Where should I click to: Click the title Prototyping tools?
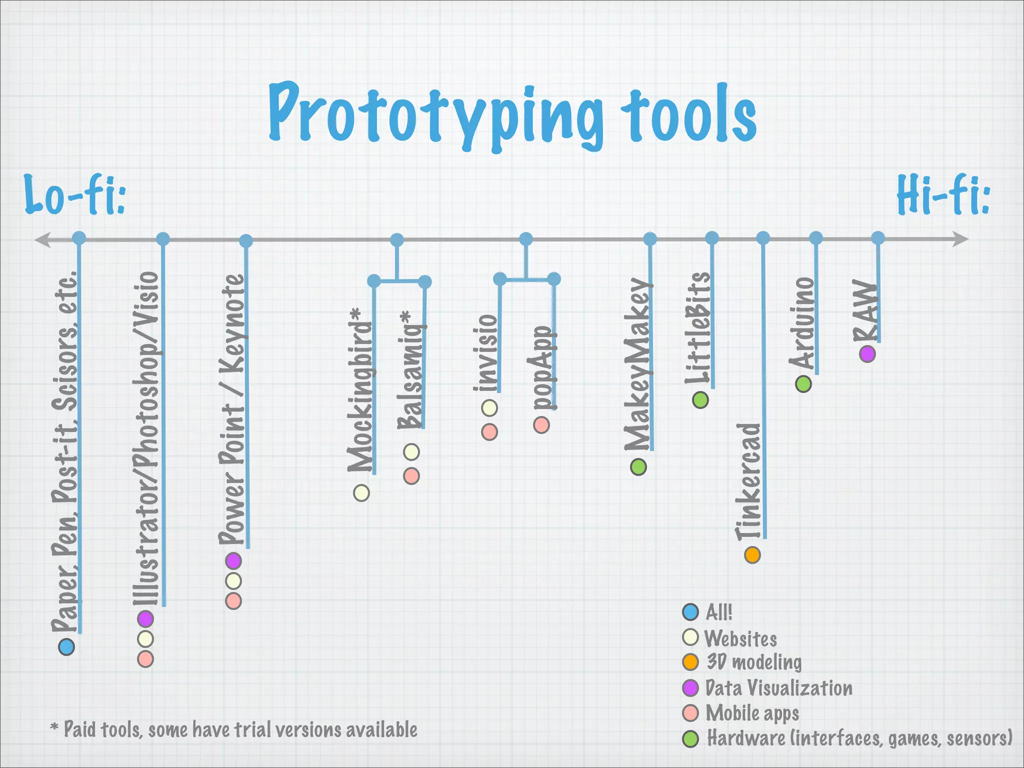(x=512, y=115)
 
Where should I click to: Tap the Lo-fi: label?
(x=75, y=195)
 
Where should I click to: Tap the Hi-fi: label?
(x=943, y=195)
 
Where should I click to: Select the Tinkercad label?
(x=748, y=481)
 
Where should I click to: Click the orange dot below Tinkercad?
(x=752, y=555)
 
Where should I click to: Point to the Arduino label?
(x=802, y=323)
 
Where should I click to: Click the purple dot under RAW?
(x=867, y=354)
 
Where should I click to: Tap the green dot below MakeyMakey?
(x=638, y=467)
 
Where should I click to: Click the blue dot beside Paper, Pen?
(x=66, y=647)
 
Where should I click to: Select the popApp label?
(x=541, y=367)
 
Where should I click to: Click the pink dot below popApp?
(x=541, y=425)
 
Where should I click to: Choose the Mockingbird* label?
(x=360, y=390)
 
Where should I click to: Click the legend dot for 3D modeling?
(x=690, y=662)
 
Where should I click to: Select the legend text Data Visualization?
(x=778, y=688)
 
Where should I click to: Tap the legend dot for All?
(x=690, y=611)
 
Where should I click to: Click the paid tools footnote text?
(x=234, y=730)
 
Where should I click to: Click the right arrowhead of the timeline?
(x=961, y=239)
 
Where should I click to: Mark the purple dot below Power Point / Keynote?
(x=233, y=561)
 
